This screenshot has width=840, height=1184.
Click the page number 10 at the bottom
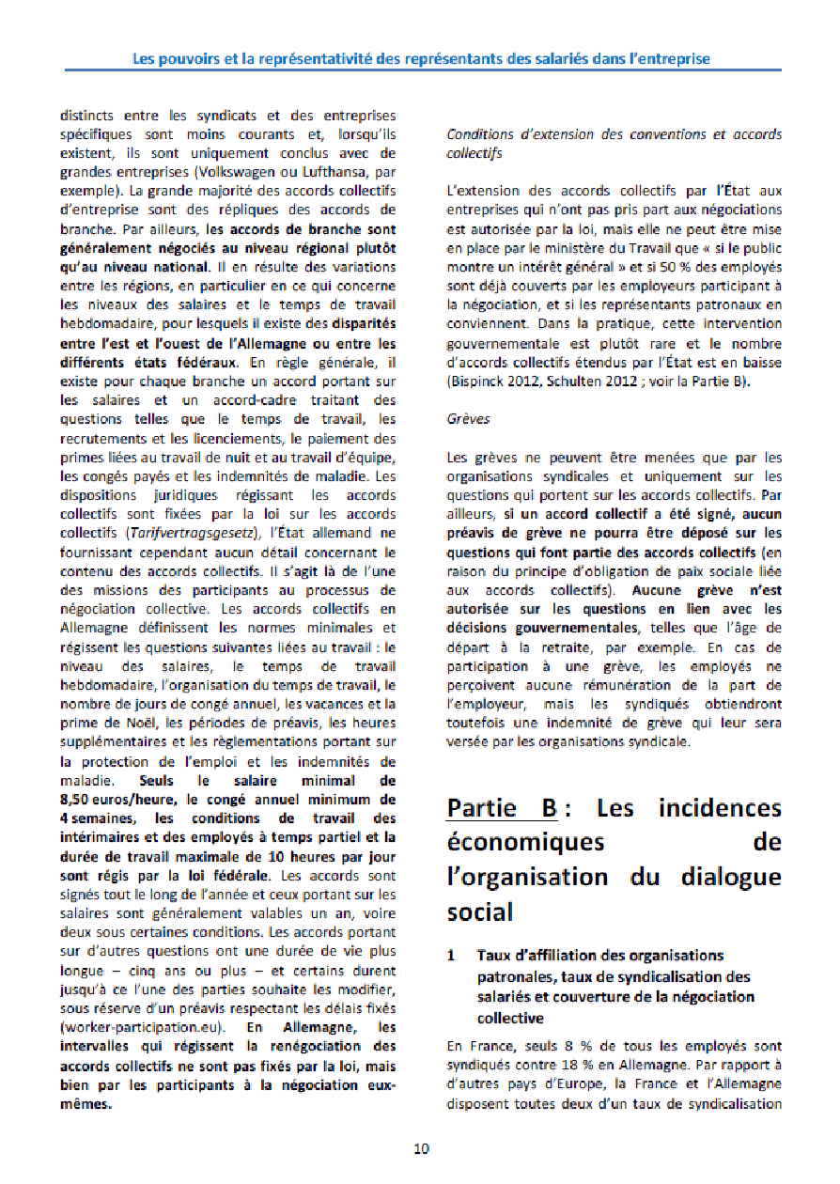(x=421, y=1148)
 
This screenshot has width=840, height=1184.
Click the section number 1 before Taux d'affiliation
(x=452, y=956)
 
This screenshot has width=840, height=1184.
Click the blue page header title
(x=421, y=58)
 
